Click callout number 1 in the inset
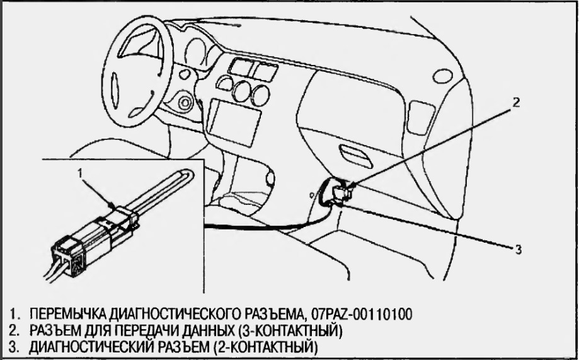[x=80, y=172]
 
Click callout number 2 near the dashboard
[x=516, y=102]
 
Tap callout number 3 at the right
[x=518, y=250]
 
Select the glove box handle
[x=356, y=156]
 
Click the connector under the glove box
[x=341, y=192]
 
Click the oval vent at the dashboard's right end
[x=442, y=76]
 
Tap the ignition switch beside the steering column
[x=185, y=103]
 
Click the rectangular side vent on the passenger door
[x=421, y=117]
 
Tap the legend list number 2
[x=14, y=331]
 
